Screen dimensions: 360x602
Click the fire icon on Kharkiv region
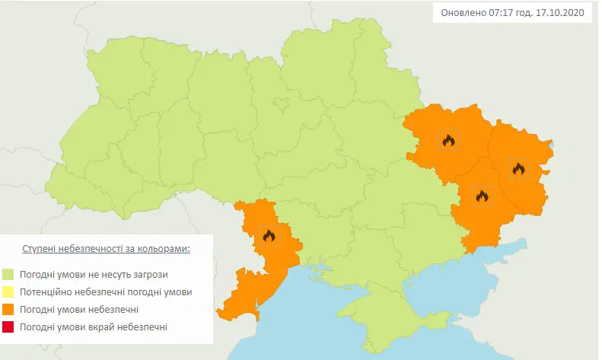coord(448,140)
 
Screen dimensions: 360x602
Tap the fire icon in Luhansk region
coord(518,168)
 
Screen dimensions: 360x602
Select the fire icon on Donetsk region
coord(481,196)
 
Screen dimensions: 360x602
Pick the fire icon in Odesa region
coord(268,236)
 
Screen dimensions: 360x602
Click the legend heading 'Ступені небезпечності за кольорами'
coord(106,249)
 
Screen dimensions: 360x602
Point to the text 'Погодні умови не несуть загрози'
coord(94,274)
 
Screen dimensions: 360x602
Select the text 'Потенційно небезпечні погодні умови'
coord(107,292)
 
